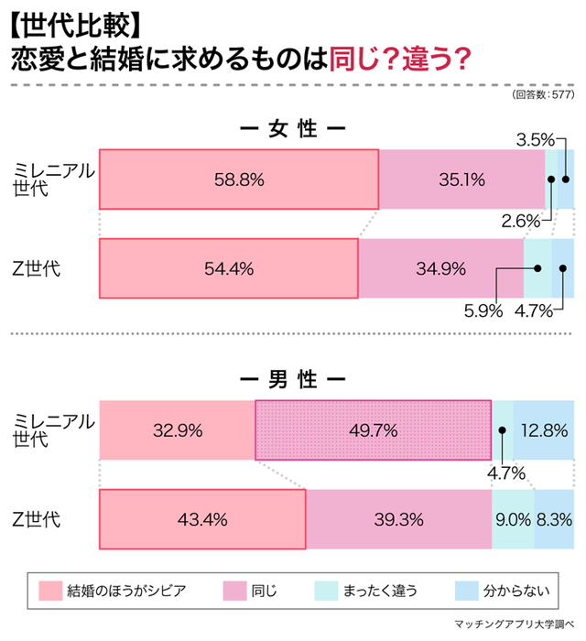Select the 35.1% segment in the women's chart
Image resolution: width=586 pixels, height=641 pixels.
[x=461, y=179]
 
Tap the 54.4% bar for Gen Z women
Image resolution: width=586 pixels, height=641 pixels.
[x=228, y=268]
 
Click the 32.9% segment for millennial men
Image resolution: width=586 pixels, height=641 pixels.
[x=176, y=429]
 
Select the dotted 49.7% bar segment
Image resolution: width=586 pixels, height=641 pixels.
[x=372, y=429]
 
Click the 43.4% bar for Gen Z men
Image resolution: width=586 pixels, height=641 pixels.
[x=201, y=519]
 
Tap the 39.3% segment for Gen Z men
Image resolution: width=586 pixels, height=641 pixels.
[x=398, y=519]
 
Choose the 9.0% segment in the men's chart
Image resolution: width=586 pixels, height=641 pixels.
[x=514, y=519]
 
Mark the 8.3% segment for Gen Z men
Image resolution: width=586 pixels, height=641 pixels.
[x=555, y=519]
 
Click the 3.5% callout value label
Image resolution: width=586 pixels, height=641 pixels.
[x=535, y=140]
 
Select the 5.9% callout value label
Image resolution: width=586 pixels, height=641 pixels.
[x=483, y=310]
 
